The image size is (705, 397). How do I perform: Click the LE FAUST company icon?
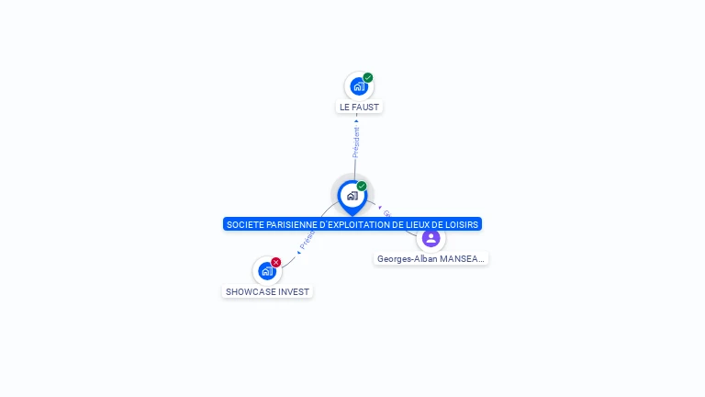point(358,86)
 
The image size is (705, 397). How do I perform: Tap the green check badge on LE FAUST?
point(368,78)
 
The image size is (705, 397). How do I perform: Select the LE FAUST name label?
point(359,108)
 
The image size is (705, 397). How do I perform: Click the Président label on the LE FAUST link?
point(356,142)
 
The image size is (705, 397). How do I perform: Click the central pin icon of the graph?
point(352,196)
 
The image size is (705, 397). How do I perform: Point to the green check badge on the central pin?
point(362,187)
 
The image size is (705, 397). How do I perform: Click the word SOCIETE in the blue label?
point(245,224)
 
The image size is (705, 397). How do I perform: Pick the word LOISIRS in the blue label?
point(462,224)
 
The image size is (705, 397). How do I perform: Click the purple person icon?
point(431,238)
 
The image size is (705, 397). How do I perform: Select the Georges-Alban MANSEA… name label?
point(431,259)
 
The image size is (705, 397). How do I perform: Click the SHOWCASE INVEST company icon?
point(266,271)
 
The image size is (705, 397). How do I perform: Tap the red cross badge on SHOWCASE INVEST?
point(276,263)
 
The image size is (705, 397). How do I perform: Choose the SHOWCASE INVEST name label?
point(267,292)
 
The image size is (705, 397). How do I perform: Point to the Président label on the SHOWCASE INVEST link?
point(307,241)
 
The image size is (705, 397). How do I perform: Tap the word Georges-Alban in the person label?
point(407,259)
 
